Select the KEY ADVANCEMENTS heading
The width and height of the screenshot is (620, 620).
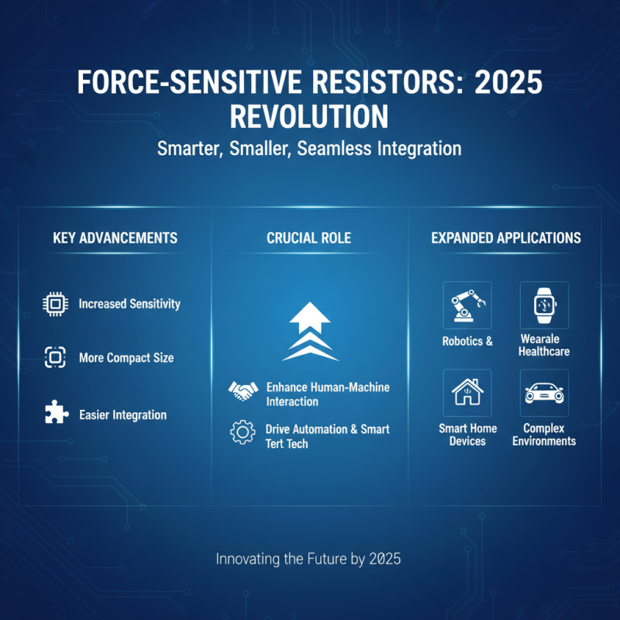[x=115, y=238]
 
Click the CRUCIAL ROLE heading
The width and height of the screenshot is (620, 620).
[x=308, y=238]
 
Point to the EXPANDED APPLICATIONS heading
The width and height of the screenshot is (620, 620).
[x=505, y=238]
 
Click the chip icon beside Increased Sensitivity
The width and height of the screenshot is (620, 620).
[x=54, y=304]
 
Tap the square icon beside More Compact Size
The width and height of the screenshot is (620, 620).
[x=54, y=357]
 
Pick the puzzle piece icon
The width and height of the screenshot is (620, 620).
[x=54, y=413]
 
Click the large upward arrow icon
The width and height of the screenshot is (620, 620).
[x=310, y=332]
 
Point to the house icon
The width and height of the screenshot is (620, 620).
[x=467, y=393]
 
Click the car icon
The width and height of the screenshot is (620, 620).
[x=544, y=393]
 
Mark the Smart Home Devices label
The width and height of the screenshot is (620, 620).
[x=467, y=435]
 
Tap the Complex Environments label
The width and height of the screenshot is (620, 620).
[x=544, y=435]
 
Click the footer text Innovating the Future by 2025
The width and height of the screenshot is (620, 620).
[x=308, y=558]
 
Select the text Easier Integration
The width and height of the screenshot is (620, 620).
[x=122, y=415]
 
